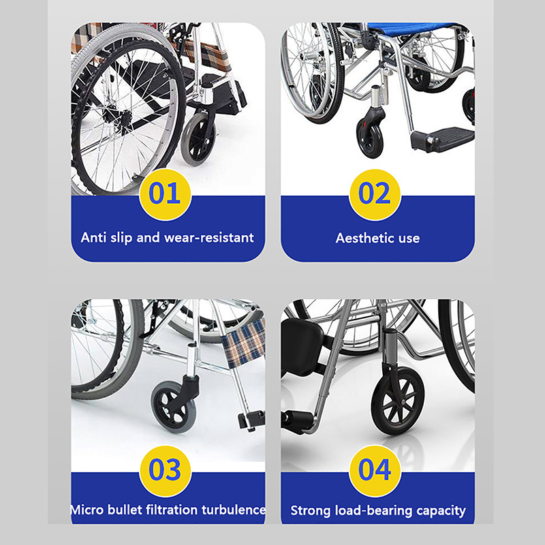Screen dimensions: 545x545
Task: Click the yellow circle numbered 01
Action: click(165, 195)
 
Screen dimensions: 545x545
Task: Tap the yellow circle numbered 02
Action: click(375, 195)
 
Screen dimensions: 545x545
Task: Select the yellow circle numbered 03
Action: click(166, 471)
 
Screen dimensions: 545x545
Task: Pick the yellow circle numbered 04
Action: click(375, 471)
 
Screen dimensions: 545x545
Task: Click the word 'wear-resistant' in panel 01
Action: click(209, 238)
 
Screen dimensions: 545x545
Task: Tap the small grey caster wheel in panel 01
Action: click(198, 139)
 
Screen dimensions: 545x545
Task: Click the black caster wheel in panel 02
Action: click(371, 140)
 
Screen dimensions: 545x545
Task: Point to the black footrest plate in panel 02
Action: click(443, 139)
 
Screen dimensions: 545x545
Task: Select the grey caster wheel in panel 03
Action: click(173, 407)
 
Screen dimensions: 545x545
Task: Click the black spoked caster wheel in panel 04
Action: click(398, 401)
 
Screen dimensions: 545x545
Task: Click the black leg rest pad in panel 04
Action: click(301, 346)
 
